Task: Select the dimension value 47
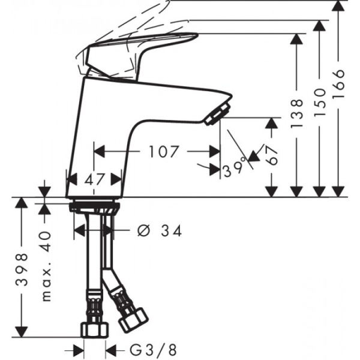tap(94, 179)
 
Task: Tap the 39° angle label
tap(235, 170)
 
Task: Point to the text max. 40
tap(47, 265)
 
